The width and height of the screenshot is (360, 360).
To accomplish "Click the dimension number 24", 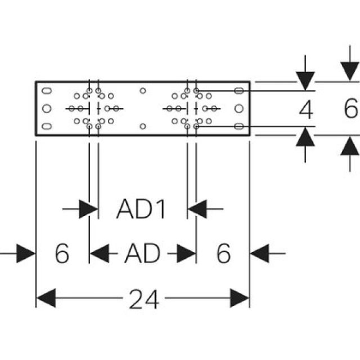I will coord(144,299).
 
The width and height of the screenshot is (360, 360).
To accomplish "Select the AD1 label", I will coord(142,210).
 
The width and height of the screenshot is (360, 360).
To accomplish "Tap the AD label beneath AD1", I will coord(142,254).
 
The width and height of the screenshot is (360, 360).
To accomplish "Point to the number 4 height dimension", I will coord(305,110).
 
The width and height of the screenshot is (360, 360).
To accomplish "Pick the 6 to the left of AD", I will coord(62,254).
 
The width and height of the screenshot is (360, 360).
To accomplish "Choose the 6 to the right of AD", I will coord(223,254).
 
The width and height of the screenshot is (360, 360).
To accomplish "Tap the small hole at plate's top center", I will coord(143,90).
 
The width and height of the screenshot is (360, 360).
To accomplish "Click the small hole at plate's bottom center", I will coord(143,125).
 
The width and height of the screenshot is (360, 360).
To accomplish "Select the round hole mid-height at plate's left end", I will coord(47,107).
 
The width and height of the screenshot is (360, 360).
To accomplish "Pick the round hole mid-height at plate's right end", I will coord(238,107).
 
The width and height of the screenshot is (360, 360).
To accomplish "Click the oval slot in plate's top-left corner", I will coord(47,90).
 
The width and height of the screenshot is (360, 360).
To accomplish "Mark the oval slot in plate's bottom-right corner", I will coord(238,125).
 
